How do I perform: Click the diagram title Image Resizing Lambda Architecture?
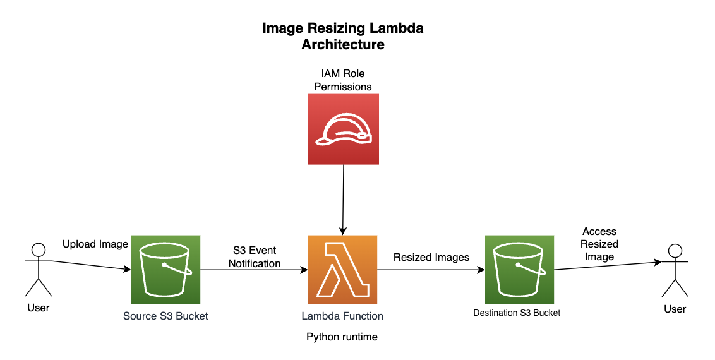[343, 37]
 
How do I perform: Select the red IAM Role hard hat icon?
[343, 129]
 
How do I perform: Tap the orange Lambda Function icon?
[343, 270]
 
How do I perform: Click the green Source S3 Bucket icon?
[165, 270]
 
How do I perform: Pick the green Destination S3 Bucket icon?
[519, 270]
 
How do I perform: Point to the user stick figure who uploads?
[39, 269]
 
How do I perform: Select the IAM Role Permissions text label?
[343, 80]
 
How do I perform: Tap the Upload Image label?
[95, 244]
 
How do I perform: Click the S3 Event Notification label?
[255, 257]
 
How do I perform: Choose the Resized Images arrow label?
[431, 257]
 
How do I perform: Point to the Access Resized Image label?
[599, 244]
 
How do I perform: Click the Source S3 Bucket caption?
[165, 316]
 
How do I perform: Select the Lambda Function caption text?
[342, 316]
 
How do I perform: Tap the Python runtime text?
[342, 337]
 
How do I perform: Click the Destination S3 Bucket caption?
[517, 313]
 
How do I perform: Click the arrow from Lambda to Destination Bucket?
[431, 270]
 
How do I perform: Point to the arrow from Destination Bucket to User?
[606, 265]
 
